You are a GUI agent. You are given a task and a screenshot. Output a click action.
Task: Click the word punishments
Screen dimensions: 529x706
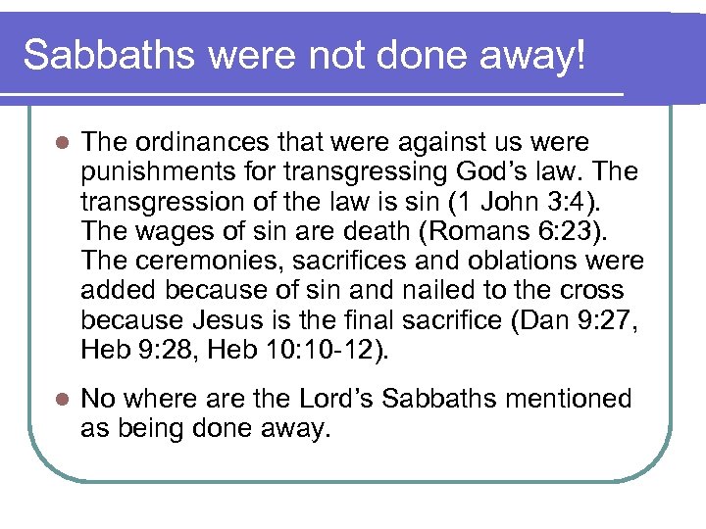(153, 172)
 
